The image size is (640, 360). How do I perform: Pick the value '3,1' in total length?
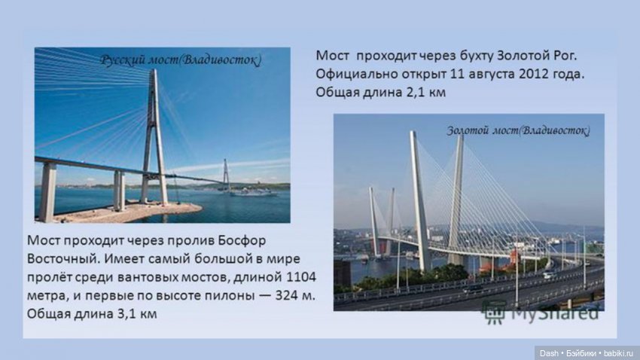[x=138, y=313]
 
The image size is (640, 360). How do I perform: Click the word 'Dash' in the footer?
[x=548, y=352]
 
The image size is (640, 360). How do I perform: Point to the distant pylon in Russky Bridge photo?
[x=225, y=175]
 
